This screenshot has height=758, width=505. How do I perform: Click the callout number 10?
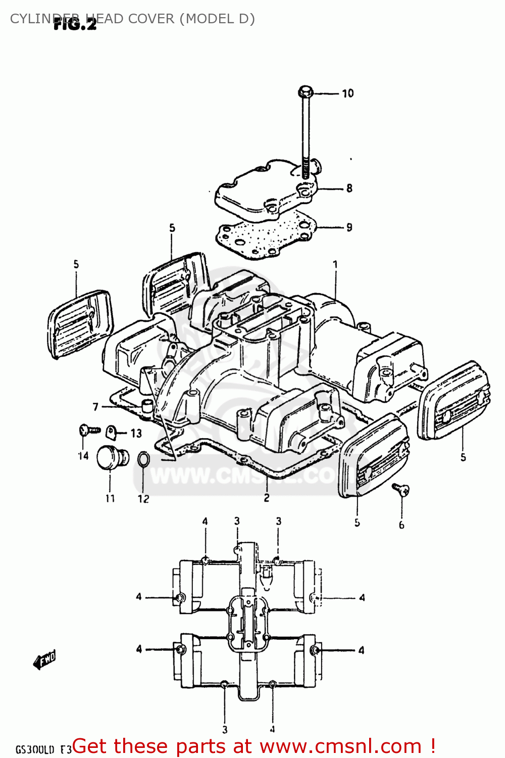point(347,93)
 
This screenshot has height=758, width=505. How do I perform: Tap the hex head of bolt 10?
point(305,92)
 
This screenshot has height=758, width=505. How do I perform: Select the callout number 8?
point(349,188)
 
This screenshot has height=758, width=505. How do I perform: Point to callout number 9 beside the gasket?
point(349,227)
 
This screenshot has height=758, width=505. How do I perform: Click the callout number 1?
point(335,264)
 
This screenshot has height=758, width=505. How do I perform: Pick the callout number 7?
point(95,407)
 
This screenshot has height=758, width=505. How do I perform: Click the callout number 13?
point(136,433)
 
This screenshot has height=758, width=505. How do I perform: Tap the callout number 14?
point(83,456)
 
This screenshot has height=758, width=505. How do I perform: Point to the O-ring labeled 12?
point(143,459)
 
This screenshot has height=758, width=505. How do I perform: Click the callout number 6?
point(401,525)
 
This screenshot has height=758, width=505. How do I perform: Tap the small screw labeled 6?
point(401,489)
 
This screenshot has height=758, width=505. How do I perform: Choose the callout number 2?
point(267,498)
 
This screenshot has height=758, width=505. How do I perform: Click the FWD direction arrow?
point(44,659)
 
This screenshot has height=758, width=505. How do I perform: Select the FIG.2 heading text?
point(75,24)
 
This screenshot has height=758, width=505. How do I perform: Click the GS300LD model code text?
point(34,749)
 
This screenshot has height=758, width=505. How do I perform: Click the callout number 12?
point(143,499)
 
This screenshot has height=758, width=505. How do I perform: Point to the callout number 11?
point(110,498)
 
